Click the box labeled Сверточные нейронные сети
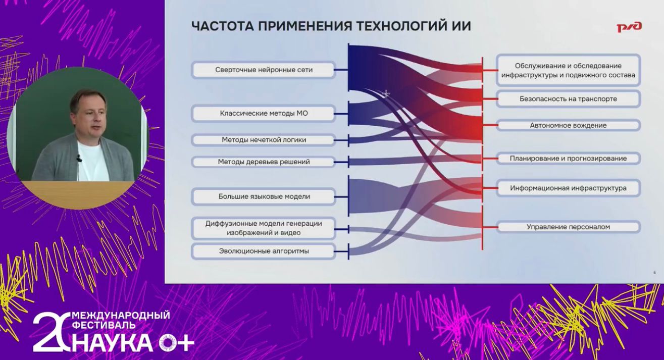[x=264, y=70]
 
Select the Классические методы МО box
[x=264, y=113]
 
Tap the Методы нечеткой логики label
[x=264, y=140]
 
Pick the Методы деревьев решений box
[x=264, y=162]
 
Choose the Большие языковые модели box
[x=264, y=196]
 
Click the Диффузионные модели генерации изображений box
[x=264, y=228]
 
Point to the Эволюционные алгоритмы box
[x=264, y=251]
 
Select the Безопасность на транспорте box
[x=568, y=99]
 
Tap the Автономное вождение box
[x=568, y=125]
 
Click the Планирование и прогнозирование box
[x=568, y=159]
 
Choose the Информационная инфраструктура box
[x=568, y=188]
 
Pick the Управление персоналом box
[x=568, y=227]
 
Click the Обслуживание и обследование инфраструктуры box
[x=568, y=70]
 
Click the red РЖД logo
[x=629, y=27]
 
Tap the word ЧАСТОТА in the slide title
[x=223, y=26]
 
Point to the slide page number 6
[x=654, y=273]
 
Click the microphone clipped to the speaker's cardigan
[x=79, y=159]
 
